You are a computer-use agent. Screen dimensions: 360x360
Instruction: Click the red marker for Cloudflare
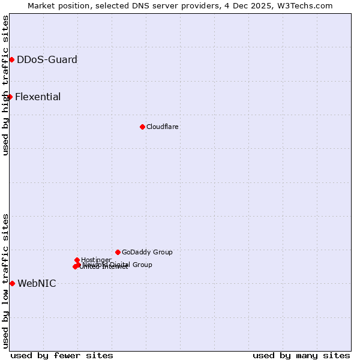142,127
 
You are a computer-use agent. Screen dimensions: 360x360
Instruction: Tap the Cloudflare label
163,127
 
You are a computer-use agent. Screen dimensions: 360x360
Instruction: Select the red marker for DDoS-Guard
11,59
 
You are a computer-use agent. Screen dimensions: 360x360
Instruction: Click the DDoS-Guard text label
47,59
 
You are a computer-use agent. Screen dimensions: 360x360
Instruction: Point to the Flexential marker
10,97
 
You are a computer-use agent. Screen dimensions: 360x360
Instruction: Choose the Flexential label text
38,97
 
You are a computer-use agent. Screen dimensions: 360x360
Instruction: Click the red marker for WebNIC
12,283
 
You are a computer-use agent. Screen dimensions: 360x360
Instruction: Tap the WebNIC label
37,283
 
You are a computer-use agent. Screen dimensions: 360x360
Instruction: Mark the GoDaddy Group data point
118,252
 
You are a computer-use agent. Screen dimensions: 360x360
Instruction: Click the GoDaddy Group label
147,252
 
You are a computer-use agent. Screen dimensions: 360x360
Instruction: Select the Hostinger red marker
77,260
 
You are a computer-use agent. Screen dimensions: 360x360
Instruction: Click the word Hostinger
96,260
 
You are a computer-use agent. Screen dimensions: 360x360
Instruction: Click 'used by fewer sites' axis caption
62,355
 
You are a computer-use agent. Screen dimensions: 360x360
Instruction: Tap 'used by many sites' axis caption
301,355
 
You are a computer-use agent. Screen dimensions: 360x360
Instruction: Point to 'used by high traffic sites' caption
5,85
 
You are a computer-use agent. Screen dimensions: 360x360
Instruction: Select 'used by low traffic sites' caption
5,280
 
